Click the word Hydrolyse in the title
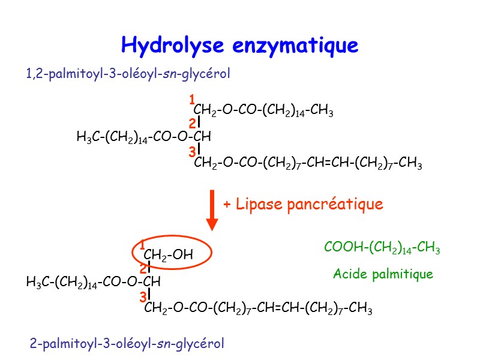click(173, 45)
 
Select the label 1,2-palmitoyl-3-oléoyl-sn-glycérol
click(128, 74)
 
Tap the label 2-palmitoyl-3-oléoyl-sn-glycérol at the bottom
click(127, 344)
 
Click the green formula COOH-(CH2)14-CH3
click(382, 248)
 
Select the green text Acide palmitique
click(383, 275)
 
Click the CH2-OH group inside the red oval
click(169, 255)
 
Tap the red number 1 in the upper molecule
click(192, 98)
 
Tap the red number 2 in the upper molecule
click(192, 124)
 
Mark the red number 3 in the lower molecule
click(143, 298)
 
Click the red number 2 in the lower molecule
click(143, 269)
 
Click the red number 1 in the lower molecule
click(142, 244)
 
